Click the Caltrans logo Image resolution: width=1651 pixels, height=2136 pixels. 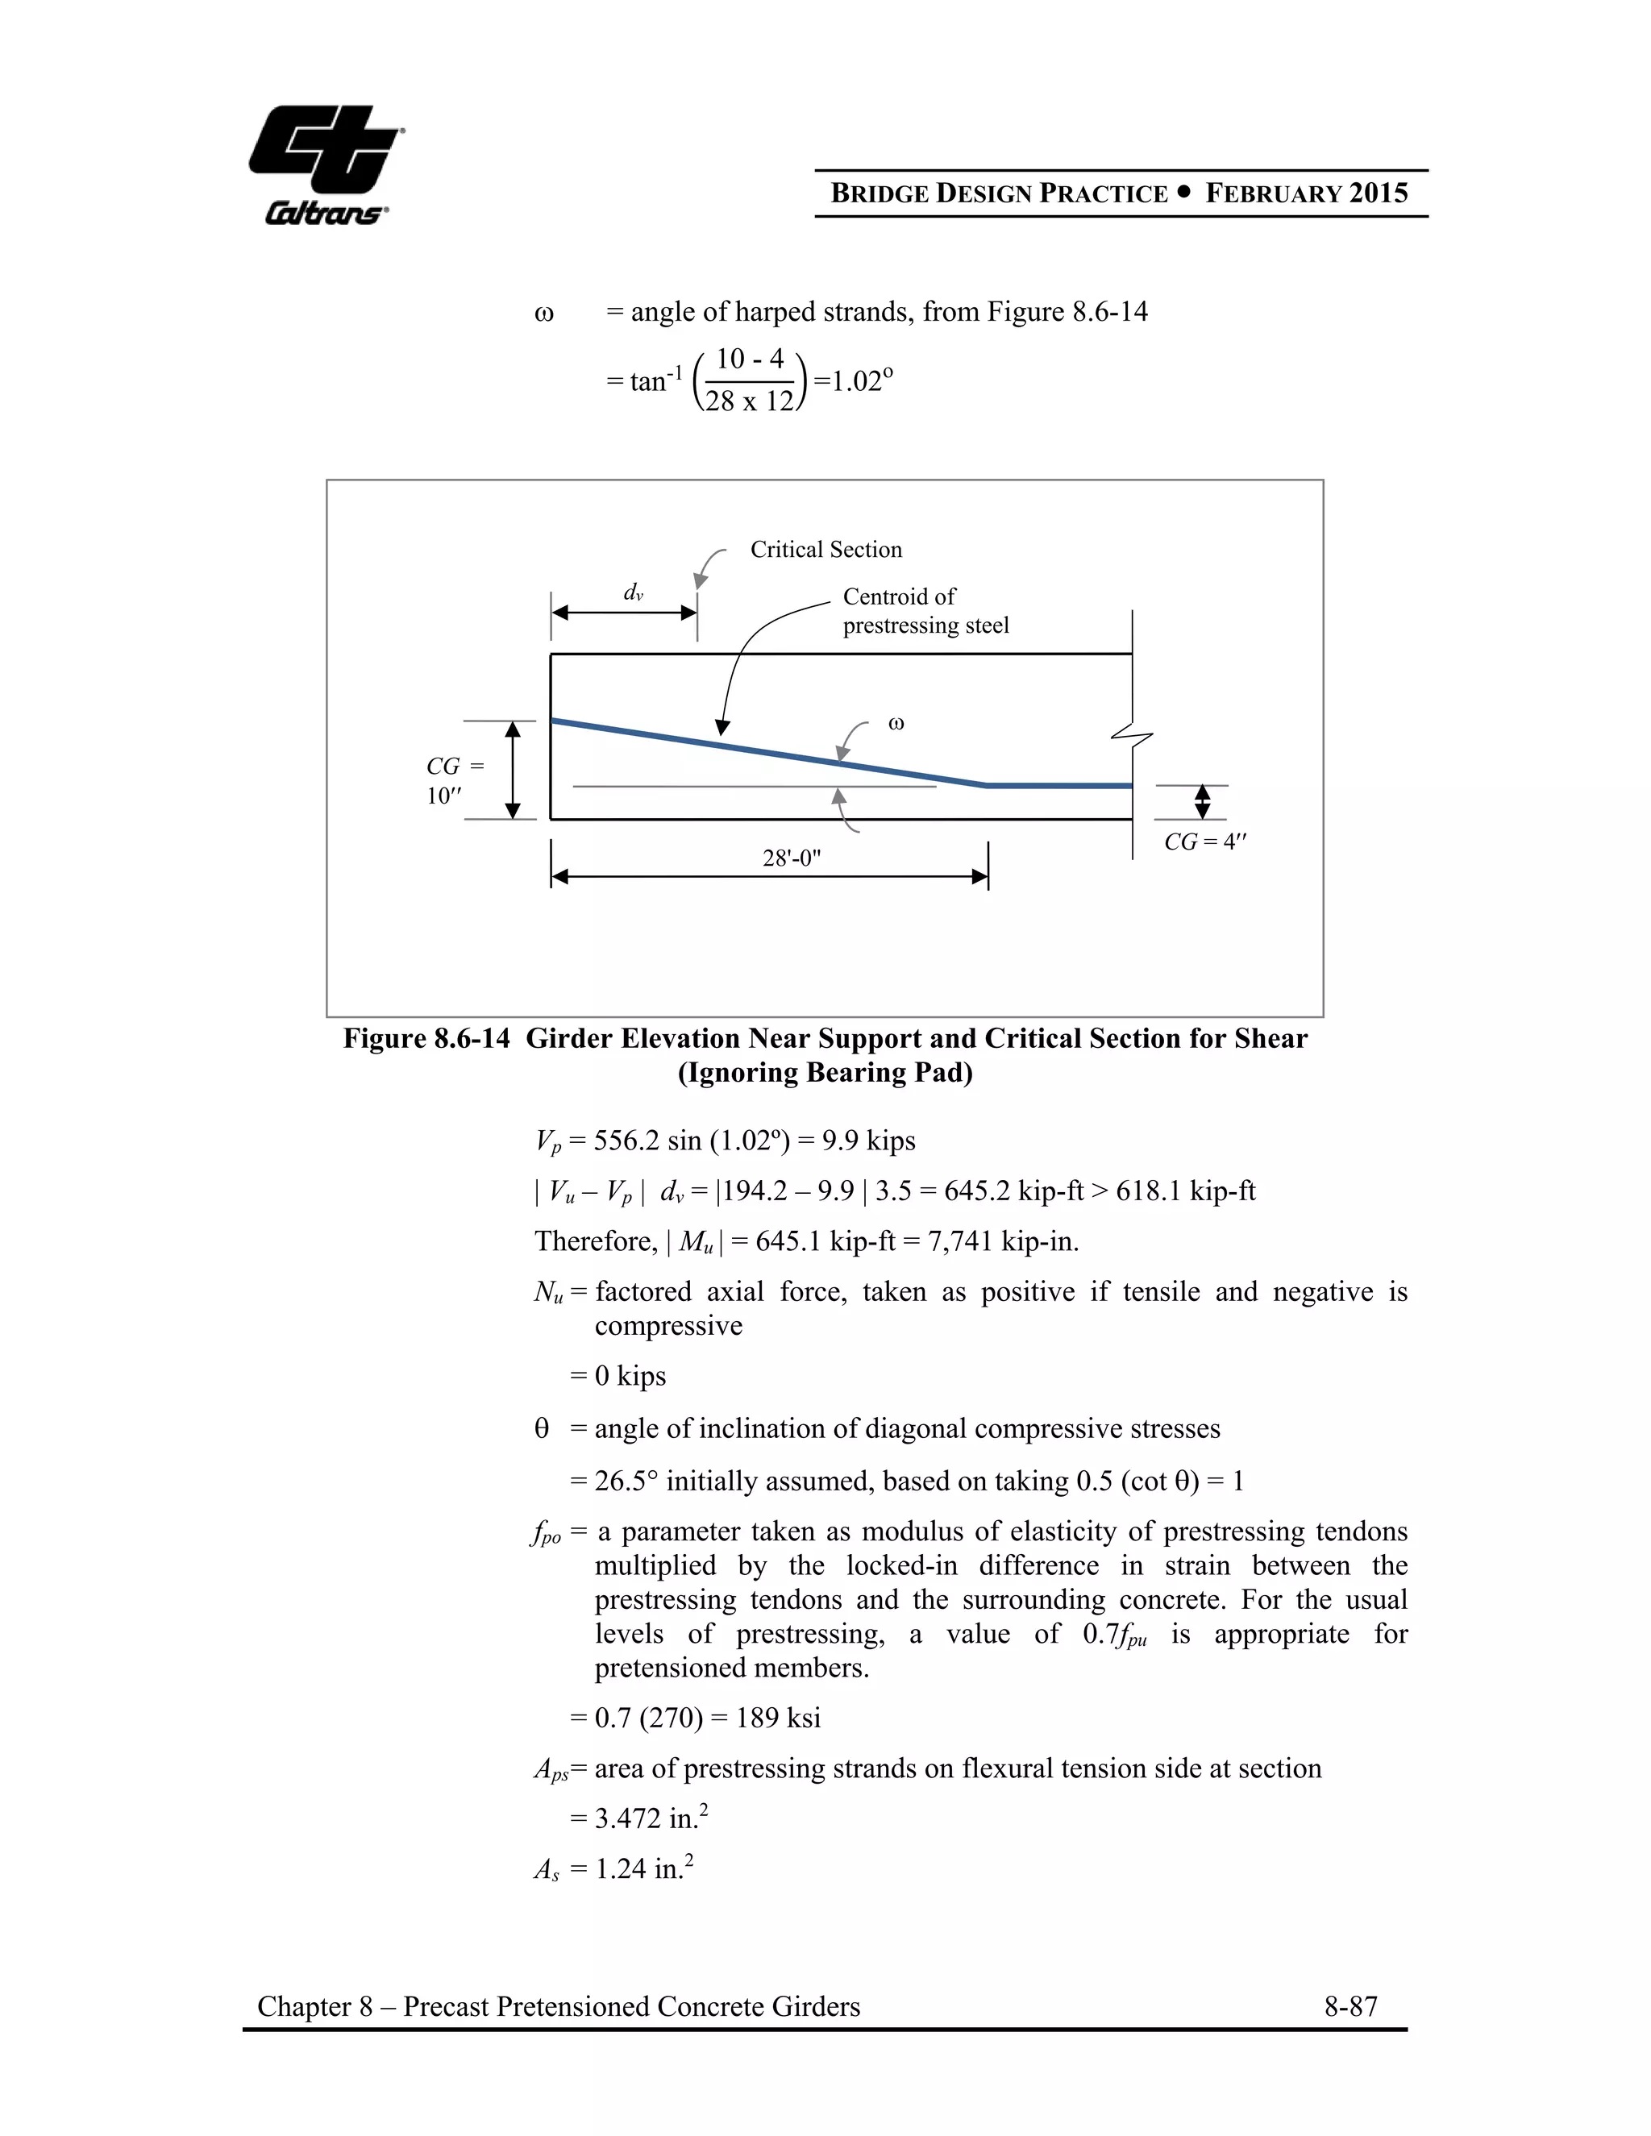(x=326, y=164)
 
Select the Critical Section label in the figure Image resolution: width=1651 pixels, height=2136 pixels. (x=825, y=550)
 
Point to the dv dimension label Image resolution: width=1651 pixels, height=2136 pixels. (x=633, y=592)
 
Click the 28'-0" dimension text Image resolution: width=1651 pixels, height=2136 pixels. (x=792, y=858)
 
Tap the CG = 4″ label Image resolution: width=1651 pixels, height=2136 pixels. (x=1204, y=842)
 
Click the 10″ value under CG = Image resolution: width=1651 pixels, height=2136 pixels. (x=443, y=796)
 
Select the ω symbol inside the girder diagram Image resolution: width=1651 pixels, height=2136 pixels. (x=895, y=724)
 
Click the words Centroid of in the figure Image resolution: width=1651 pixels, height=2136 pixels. (x=898, y=596)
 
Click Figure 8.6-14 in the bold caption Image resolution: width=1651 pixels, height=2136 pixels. (x=426, y=1039)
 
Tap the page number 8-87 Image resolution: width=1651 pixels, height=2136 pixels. (x=1349, y=2007)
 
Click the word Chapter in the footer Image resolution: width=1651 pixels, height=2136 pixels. (x=304, y=2007)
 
